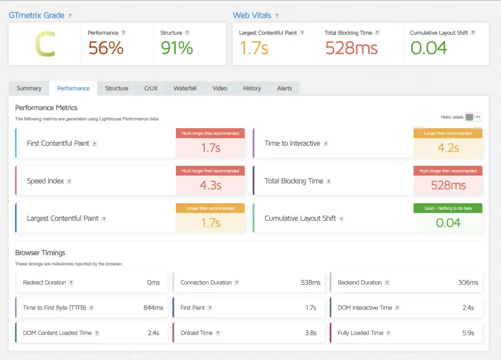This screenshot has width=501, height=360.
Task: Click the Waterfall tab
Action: (185, 88)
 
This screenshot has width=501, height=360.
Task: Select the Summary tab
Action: (29, 88)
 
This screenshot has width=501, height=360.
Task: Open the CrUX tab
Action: (151, 88)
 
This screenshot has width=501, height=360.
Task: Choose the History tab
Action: (252, 88)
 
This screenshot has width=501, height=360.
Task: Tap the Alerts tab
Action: (285, 88)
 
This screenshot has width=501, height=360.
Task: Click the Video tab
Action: (219, 88)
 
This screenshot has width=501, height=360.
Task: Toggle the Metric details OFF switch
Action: (473, 117)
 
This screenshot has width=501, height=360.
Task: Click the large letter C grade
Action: (44, 45)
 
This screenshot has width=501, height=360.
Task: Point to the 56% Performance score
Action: (106, 48)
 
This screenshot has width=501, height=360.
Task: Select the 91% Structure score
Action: (176, 48)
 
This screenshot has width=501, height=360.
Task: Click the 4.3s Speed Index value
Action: (210, 185)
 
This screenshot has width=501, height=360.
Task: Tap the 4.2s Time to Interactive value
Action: (448, 148)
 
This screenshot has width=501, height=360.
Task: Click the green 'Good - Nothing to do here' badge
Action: (447, 208)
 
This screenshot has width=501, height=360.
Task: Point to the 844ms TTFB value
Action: (153, 308)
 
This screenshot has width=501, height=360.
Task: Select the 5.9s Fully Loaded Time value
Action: (468, 333)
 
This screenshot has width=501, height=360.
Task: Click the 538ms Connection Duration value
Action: (311, 283)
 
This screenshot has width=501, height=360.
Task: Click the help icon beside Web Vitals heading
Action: (277, 16)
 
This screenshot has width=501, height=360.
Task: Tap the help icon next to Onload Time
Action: (218, 333)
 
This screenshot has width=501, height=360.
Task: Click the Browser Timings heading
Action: (40, 253)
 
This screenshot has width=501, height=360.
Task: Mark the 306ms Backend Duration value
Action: (468, 283)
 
